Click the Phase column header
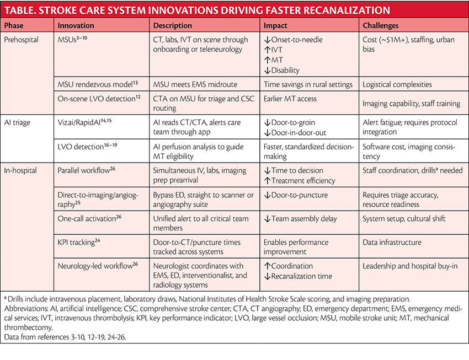(x=15, y=25)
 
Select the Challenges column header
(x=380, y=25)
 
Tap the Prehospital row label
(x=22, y=39)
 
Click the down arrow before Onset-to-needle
(x=267, y=39)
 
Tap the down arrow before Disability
(x=267, y=71)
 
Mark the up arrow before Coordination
(x=267, y=266)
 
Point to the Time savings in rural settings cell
(x=308, y=84)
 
